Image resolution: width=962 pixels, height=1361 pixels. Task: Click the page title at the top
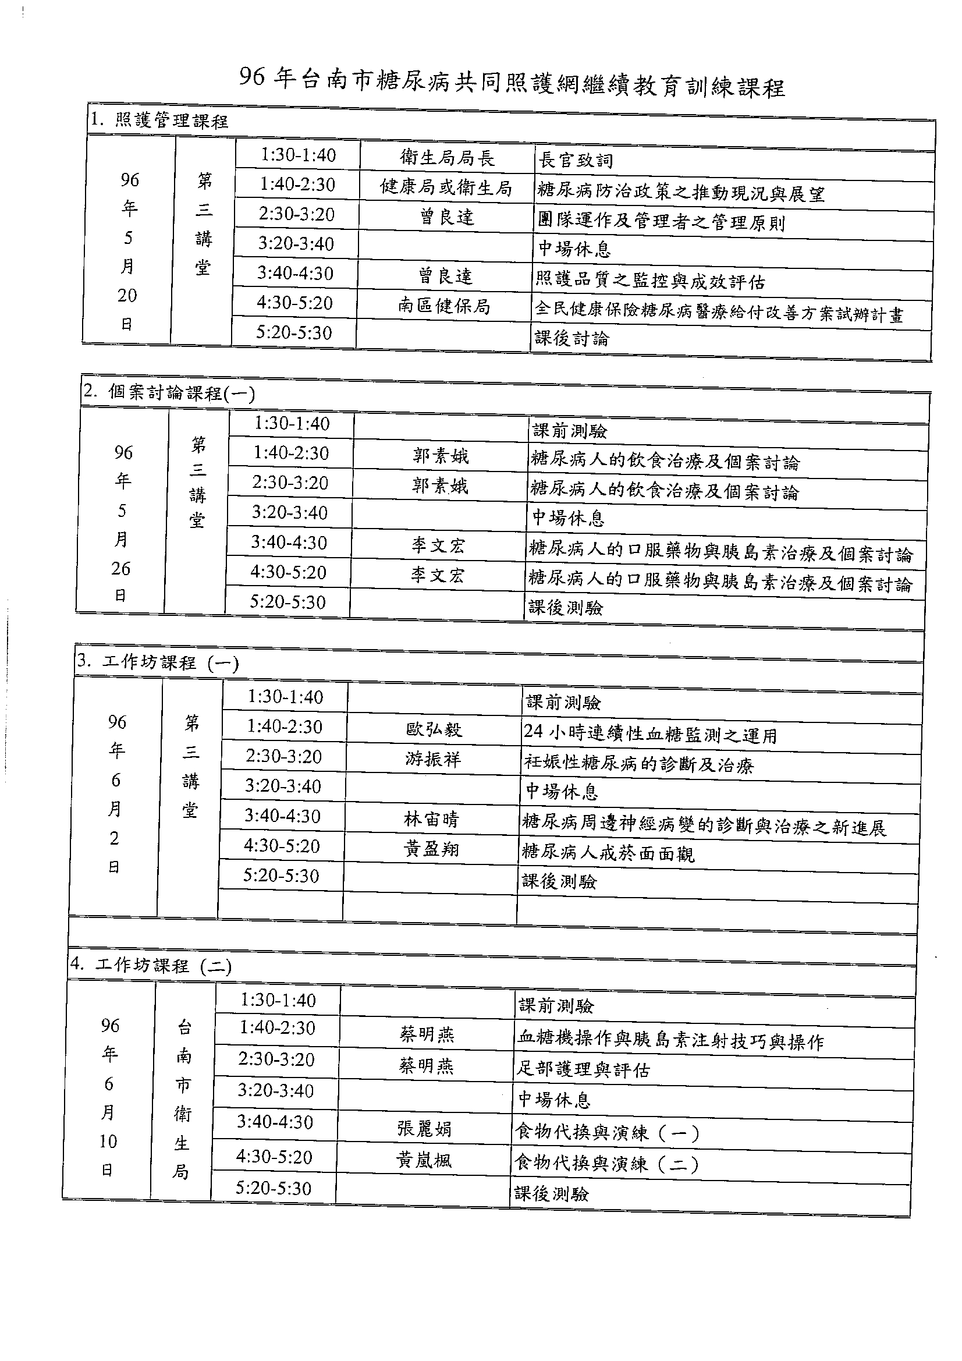[512, 83]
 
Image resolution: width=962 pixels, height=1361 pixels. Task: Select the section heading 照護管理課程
[159, 121]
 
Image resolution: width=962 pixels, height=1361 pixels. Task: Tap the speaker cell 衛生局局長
[447, 158]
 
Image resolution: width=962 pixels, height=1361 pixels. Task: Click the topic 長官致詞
[576, 160]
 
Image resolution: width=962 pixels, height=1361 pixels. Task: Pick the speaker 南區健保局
[444, 306]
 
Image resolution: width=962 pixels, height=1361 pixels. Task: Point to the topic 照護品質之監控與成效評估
[650, 281]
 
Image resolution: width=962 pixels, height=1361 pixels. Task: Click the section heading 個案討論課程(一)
[169, 392]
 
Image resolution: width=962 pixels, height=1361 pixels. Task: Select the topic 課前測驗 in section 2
[570, 431]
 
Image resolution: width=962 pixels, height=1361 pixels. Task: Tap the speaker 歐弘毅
[434, 729]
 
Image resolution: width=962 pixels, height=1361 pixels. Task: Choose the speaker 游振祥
[432, 759]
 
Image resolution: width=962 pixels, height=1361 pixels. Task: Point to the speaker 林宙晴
[431, 819]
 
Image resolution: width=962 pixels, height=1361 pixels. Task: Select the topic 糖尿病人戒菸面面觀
[608, 853]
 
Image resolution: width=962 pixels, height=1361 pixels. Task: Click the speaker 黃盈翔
[431, 849]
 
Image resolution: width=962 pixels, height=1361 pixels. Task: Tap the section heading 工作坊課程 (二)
[151, 966]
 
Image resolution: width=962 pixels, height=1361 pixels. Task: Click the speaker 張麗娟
[424, 1128]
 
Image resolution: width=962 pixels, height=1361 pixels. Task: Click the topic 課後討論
[571, 338]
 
